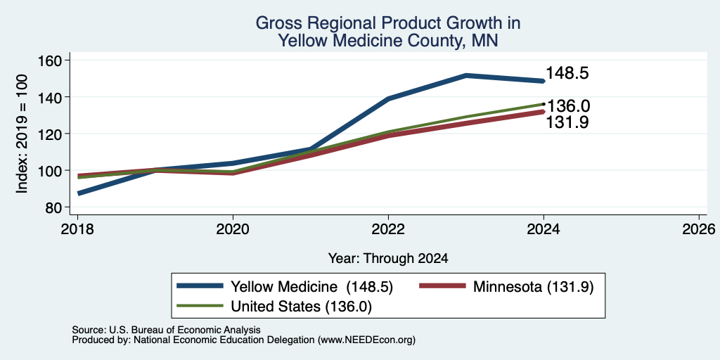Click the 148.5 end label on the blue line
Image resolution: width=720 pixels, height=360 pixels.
pos(567,73)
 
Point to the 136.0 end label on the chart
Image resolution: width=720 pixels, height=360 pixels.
pos(569,106)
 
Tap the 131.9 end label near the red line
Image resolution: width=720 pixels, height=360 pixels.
pos(567,122)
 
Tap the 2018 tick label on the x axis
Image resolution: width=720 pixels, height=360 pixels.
pos(77,229)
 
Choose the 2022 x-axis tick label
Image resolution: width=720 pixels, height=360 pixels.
pos(388,229)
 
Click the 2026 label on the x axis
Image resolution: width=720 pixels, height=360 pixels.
pos(699,229)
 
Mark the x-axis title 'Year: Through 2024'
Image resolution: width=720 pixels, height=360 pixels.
pos(388,259)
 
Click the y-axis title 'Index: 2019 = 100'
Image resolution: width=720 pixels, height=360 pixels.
pos(22,134)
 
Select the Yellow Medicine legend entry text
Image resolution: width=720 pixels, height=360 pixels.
pos(311,287)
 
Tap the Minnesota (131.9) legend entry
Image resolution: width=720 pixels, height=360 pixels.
pos(534,287)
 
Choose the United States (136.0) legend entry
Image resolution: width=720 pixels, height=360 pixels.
pos(301,307)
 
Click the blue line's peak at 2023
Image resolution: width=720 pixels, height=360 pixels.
pos(466,75)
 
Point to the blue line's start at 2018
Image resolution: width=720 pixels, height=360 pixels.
pos(79,193)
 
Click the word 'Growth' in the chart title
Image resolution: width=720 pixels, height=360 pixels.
pos(454,23)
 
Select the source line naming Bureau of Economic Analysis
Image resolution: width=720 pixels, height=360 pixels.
pos(166,330)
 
